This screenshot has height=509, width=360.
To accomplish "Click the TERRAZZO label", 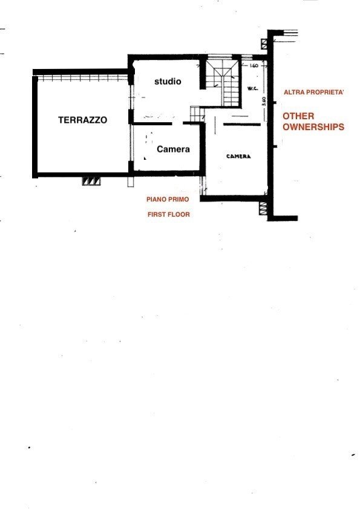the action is (82, 120).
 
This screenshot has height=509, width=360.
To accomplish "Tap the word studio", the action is (168, 81).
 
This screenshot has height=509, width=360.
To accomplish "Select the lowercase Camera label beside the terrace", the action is (173, 149).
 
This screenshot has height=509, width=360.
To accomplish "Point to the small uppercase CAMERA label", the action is (238, 157).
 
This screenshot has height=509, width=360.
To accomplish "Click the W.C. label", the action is (252, 88).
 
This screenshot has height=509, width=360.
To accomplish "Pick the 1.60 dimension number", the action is (254, 65).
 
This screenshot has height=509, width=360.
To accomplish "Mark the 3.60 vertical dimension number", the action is (264, 102).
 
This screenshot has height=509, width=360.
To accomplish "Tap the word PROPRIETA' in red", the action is (325, 92).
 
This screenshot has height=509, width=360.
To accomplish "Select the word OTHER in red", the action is (298, 116).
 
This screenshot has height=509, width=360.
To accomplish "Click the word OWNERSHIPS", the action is (313, 126).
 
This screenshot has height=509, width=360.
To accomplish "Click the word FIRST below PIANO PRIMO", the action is (157, 215).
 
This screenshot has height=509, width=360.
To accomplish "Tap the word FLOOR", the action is (179, 215).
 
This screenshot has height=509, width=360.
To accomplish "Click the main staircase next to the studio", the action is (224, 81).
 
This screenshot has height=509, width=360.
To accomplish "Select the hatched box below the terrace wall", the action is (91, 181).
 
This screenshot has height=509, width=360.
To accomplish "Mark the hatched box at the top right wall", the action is (264, 44).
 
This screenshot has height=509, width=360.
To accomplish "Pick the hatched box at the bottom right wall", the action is (264, 208).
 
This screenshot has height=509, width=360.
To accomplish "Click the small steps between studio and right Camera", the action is (196, 114).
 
